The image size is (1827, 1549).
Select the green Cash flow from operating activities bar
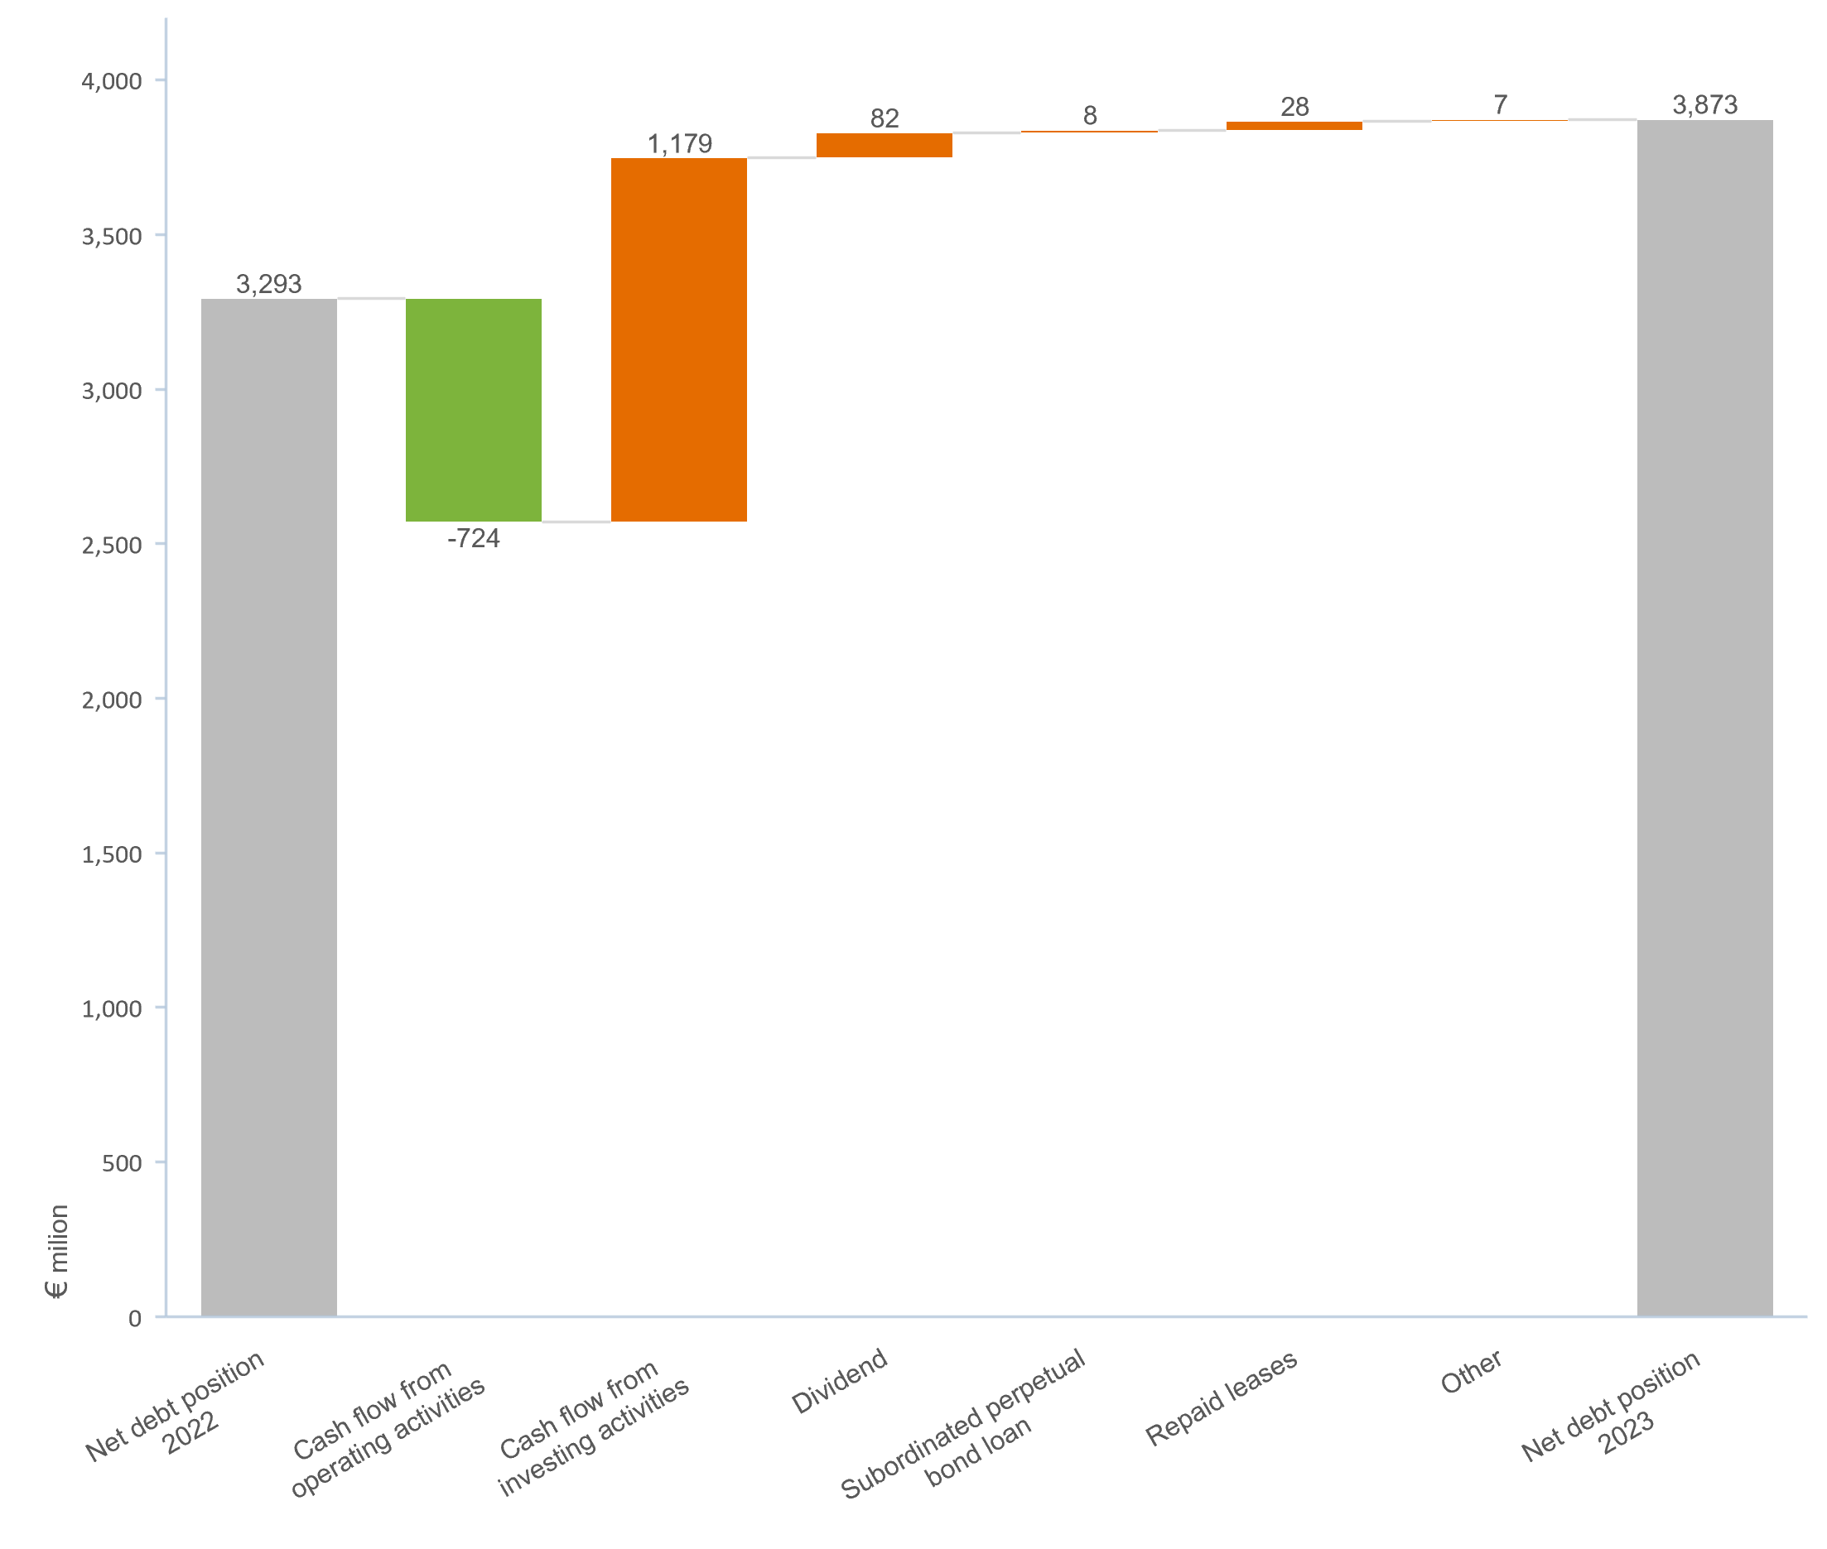pyautogui.click(x=474, y=409)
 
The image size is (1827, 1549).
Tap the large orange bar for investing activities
pyautogui.click(x=679, y=339)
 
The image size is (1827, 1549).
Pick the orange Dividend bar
pyautogui.click(x=884, y=145)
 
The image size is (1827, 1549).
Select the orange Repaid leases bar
pyautogui.click(x=1294, y=126)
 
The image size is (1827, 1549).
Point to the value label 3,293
pyautogui.click(x=269, y=284)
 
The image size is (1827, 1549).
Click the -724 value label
pyautogui.click(x=474, y=538)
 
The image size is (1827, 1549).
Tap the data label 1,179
pyautogui.click(x=679, y=143)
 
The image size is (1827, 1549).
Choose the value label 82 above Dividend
pyautogui.click(x=885, y=118)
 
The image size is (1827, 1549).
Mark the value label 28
pyautogui.click(x=1294, y=106)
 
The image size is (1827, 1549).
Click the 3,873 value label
pyautogui.click(x=1704, y=104)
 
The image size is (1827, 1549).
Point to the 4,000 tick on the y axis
pyautogui.click(x=112, y=82)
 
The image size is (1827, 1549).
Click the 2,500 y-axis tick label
pyautogui.click(x=112, y=546)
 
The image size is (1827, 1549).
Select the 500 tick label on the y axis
pyautogui.click(x=121, y=1163)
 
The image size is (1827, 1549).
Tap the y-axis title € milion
pyautogui.click(x=57, y=1251)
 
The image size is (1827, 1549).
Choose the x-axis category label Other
pyautogui.click(x=1470, y=1373)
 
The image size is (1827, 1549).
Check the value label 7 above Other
pyautogui.click(x=1500, y=104)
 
